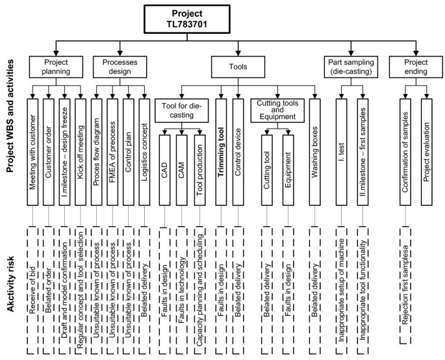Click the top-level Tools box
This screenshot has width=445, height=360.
point(238,66)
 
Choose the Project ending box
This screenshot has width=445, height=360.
point(413,66)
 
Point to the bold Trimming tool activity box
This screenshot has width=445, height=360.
point(221,149)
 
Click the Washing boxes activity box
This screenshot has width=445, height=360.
point(315,149)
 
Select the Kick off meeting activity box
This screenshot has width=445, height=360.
point(81,149)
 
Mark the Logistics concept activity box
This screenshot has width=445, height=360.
point(144,149)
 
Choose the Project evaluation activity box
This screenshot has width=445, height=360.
point(427,149)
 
